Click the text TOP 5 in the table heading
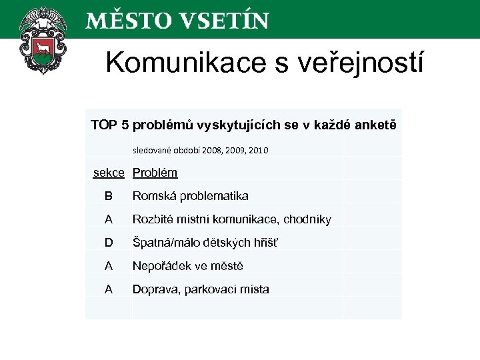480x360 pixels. [110, 125]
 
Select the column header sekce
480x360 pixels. [109, 173]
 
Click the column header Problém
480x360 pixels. [155, 173]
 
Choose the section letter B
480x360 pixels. [109, 196]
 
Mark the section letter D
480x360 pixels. [109, 243]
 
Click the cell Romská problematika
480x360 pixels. [190, 196]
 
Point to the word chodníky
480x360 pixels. [307, 219]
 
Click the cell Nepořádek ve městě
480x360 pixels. [188, 266]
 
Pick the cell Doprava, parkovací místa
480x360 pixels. [201, 289]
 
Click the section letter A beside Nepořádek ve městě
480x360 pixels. [109, 266]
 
